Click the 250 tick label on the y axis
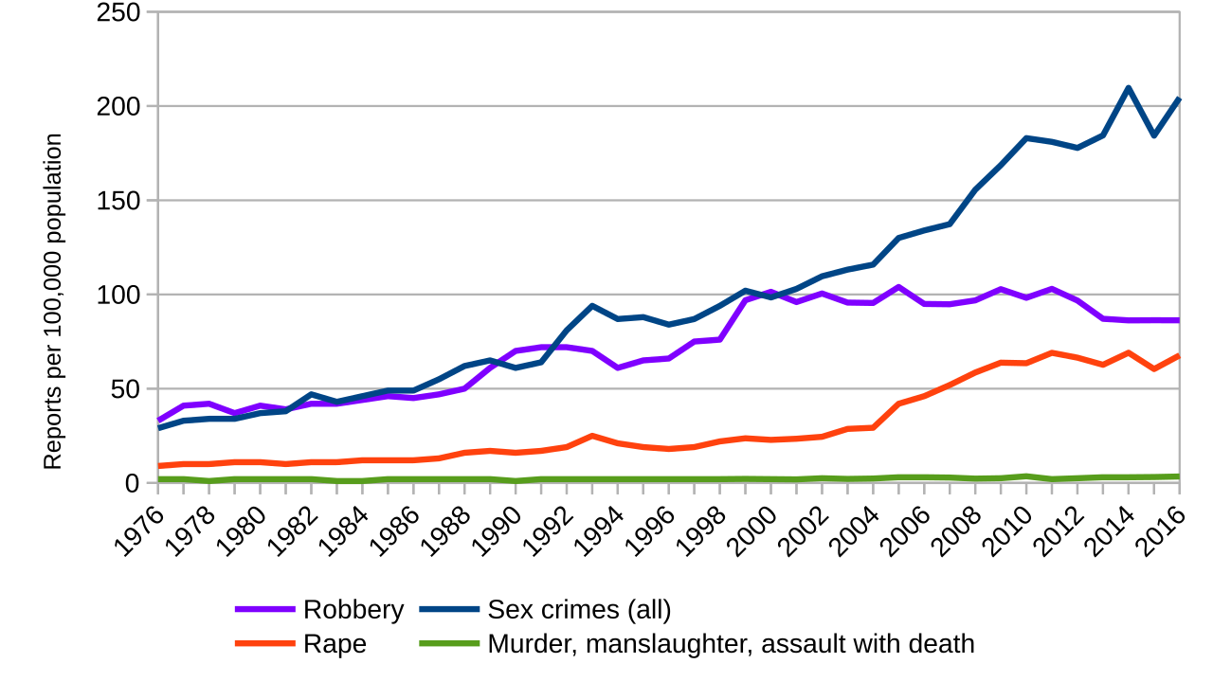click(x=118, y=12)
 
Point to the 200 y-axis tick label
click(x=118, y=106)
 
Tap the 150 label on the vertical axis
click(x=118, y=201)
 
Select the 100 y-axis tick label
click(x=118, y=295)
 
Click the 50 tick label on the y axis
click(x=125, y=389)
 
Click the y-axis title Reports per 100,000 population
click(x=53, y=301)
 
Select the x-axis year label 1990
click(x=497, y=532)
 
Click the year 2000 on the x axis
click(x=752, y=532)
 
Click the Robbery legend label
click(x=353, y=610)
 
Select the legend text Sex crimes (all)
click(x=579, y=610)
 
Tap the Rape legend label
click(x=335, y=644)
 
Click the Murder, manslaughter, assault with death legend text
click(x=731, y=644)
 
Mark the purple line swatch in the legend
click(x=264, y=610)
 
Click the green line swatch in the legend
click(x=449, y=644)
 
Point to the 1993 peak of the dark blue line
click(x=592, y=306)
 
